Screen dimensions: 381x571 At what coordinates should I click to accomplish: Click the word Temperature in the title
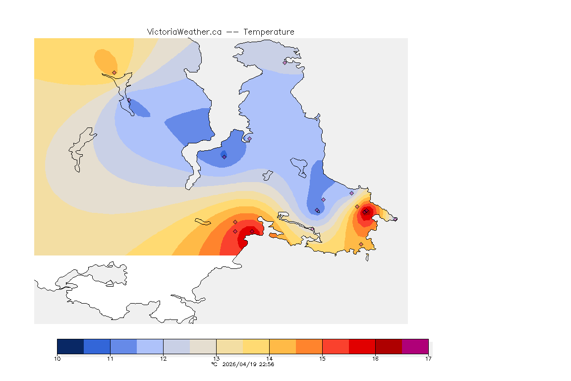[269, 32]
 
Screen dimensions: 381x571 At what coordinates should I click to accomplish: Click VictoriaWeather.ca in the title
[184, 32]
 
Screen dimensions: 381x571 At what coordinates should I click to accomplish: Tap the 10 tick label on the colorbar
[57, 358]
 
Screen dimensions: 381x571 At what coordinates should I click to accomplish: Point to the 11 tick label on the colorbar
[110, 358]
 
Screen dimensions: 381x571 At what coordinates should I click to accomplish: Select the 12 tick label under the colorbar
[163, 358]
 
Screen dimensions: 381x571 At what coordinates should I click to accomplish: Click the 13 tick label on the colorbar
[216, 358]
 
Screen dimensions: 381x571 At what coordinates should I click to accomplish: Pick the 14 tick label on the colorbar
[269, 358]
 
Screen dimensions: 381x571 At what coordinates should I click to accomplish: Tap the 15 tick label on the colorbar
[322, 358]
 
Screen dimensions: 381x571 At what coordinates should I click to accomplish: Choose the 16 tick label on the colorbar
[375, 358]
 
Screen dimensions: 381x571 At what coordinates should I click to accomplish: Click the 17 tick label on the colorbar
[428, 358]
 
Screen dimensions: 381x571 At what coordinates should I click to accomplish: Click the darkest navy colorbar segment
[70, 346]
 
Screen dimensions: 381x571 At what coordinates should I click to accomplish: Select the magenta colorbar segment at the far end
[415, 346]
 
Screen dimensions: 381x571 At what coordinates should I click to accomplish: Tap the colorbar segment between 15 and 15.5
[336, 346]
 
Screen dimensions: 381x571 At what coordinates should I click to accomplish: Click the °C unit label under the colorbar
[214, 364]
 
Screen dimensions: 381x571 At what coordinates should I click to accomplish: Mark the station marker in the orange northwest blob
[114, 72]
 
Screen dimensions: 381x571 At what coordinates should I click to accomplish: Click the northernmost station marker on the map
[285, 63]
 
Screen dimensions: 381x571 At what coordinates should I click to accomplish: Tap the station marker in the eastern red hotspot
[365, 212]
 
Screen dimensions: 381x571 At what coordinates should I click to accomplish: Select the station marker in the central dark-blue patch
[224, 157]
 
